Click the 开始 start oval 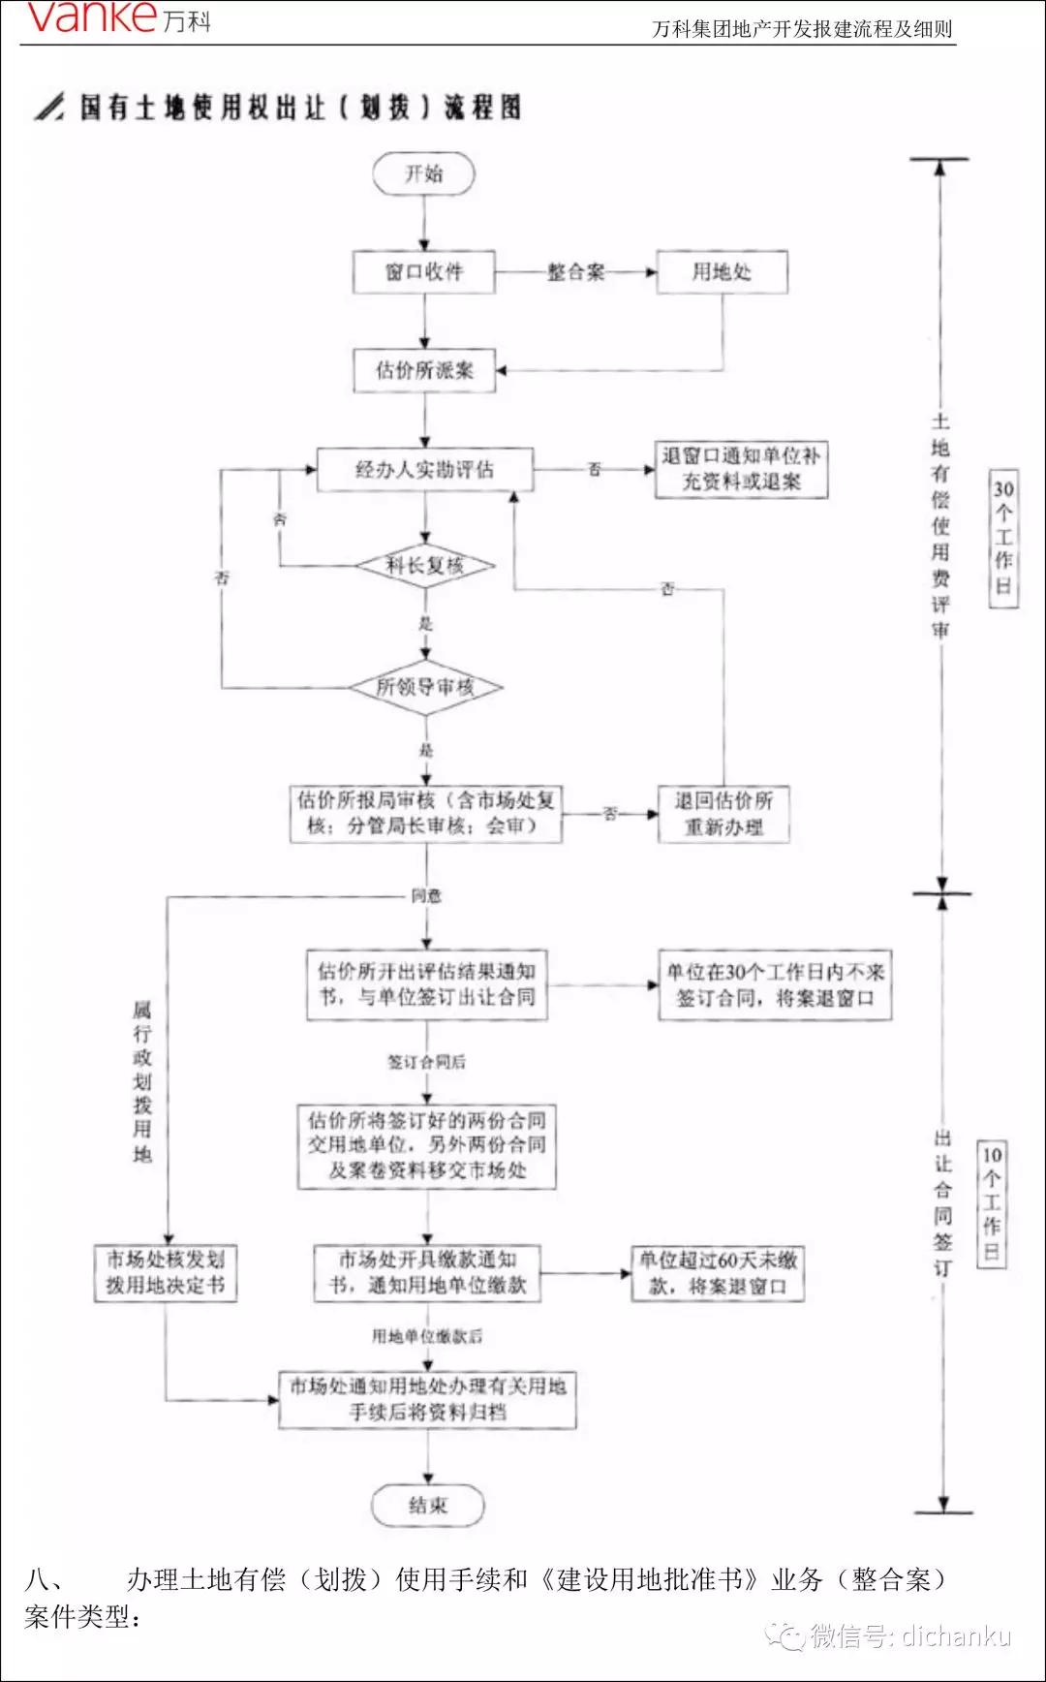pyautogui.click(x=424, y=174)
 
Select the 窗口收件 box pyautogui.click(x=424, y=272)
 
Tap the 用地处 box pyautogui.click(x=722, y=272)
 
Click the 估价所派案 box pyautogui.click(x=424, y=370)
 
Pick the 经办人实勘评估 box pyautogui.click(x=424, y=470)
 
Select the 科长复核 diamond pyautogui.click(x=424, y=566)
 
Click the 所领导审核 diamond pyautogui.click(x=424, y=688)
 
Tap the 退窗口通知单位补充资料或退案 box pyautogui.click(x=741, y=469)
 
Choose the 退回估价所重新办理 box pyautogui.click(x=723, y=814)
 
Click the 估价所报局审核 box pyautogui.click(x=426, y=814)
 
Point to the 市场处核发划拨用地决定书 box pyautogui.click(x=166, y=1272)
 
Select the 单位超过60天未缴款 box pyautogui.click(x=718, y=1273)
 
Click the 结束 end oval pyautogui.click(x=427, y=1506)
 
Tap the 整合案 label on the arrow pyautogui.click(x=575, y=272)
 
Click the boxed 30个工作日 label pyautogui.click(x=1003, y=539)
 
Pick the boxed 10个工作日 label pyautogui.click(x=992, y=1203)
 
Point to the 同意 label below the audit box pyautogui.click(x=426, y=896)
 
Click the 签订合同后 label pyautogui.click(x=426, y=1062)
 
